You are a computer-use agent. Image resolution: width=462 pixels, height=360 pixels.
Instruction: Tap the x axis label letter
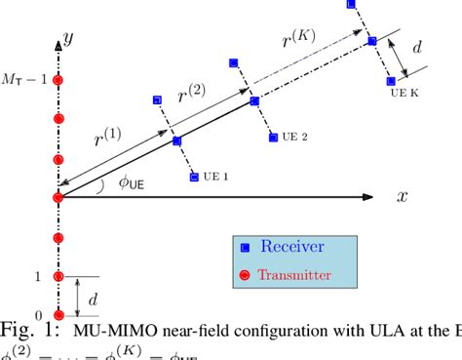coord(402,196)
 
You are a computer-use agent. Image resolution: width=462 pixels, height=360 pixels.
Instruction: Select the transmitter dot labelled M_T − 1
coord(58,80)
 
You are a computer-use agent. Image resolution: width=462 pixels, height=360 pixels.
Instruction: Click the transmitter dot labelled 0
coord(58,313)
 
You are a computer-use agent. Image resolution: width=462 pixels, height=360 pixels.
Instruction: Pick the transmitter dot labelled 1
coord(58,277)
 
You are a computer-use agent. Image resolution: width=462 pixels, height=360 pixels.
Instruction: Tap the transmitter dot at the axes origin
coord(58,197)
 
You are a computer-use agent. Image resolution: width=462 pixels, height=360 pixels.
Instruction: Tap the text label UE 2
coord(291,137)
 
